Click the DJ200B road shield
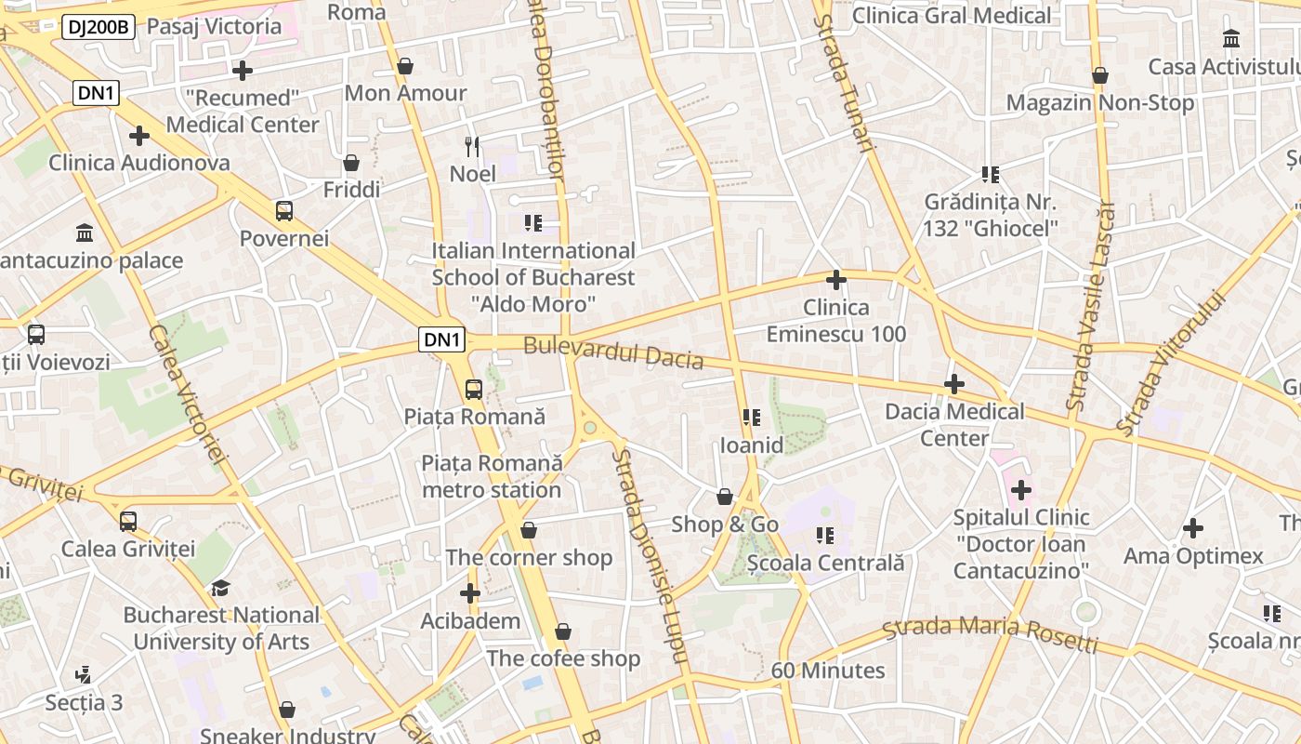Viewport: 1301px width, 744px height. pos(99,27)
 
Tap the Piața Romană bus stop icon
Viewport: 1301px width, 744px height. pos(474,390)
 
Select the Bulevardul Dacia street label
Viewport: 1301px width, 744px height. pos(612,352)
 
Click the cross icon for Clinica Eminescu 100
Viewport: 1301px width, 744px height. pos(836,279)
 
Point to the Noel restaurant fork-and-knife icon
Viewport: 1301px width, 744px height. pos(473,146)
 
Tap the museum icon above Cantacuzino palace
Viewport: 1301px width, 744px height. pos(85,232)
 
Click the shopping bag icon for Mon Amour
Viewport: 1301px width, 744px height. pos(405,67)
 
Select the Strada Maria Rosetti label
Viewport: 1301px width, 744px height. pos(990,634)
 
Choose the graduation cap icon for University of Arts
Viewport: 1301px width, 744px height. pos(220,588)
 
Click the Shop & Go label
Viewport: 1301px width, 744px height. pos(725,525)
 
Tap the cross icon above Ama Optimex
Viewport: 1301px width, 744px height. pos(1193,529)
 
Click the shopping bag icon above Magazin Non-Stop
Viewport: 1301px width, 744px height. pos(1100,75)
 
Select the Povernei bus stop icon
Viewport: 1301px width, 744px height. pos(284,211)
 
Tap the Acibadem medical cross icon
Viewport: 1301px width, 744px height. pos(470,592)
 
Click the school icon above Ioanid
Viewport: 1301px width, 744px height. pos(752,418)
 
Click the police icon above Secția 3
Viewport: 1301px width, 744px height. pos(84,674)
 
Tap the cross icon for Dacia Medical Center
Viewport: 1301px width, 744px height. pos(954,384)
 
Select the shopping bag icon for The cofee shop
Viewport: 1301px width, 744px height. pos(563,632)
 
